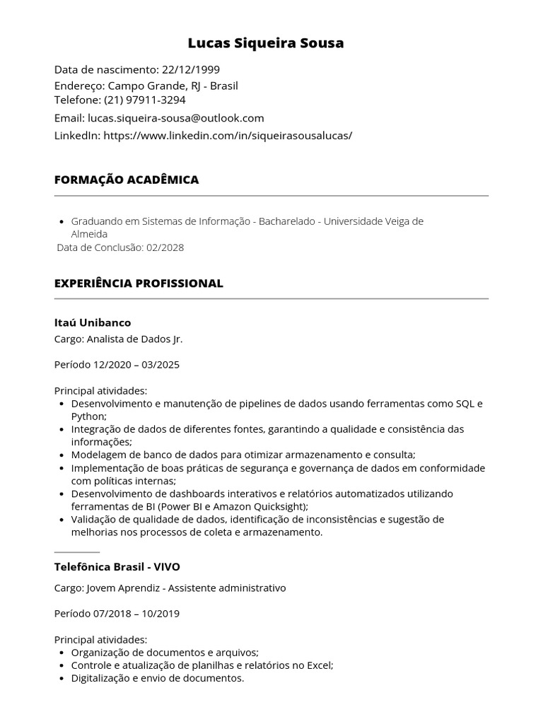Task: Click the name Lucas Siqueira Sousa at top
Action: click(x=266, y=43)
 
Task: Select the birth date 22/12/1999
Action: click(x=191, y=69)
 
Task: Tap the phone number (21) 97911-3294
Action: click(x=145, y=100)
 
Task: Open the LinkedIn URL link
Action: click(x=228, y=135)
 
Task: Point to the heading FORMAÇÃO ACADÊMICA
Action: click(x=127, y=180)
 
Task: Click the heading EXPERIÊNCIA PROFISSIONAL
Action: click(x=139, y=283)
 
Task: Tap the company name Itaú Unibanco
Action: click(x=93, y=322)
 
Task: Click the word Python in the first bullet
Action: click(x=88, y=416)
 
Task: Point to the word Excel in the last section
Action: click(x=317, y=665)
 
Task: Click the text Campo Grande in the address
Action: click(x=147, y=86)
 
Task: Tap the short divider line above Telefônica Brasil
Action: click(x=77, y=551)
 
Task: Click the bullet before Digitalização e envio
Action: click(x=63, y=678)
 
